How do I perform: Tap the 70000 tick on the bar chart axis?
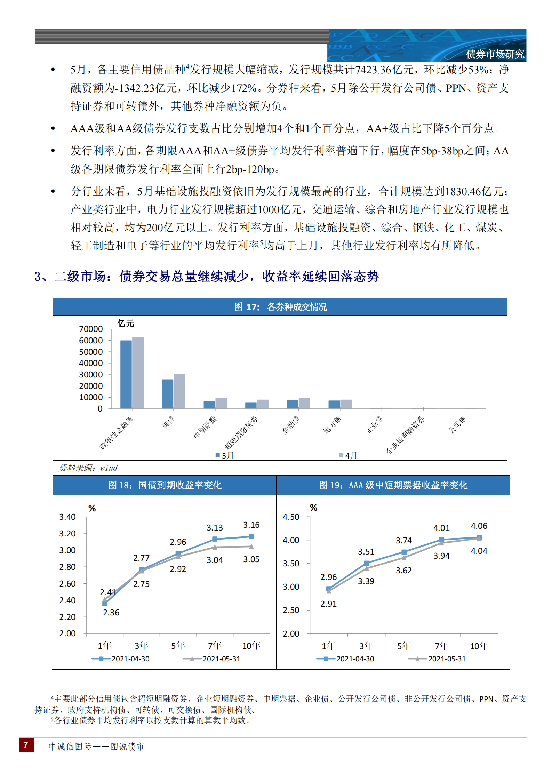pyautogui.click(x=91, y=329)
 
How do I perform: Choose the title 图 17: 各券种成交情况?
pyautogui.click(x=280, y=307)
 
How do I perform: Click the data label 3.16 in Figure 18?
pyautogui.click(x=251, y=525)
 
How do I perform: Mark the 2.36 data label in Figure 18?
pyautogui.click(x=111, y=613)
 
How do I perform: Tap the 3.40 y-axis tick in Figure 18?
pyautogui.click(x=67, y=517)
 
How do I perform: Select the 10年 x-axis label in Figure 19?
pyautogui.click(x=479, y=646)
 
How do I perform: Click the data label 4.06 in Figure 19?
pyautogui.click(x=479, y=526)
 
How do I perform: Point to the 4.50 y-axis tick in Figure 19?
pyautogui.click(x=291, y=517)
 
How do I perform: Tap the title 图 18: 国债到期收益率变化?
pyautogui.click(x=165, y=485)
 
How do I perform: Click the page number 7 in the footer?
pyautogui.click(x=26, y=745)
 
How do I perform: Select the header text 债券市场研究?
pyautogui.click(x=495, y=54)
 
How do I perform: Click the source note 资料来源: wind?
pyautogui.click(x=88, y=468)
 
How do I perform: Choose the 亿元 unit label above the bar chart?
pyautogui.click(x=125, y=324)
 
